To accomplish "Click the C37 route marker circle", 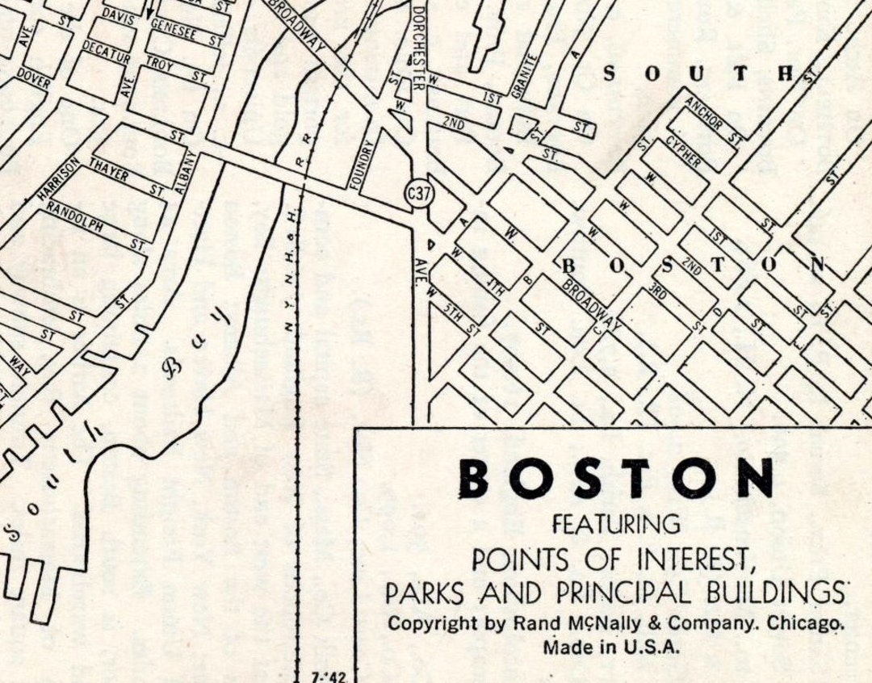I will pyautogui.click(x=417, y=193).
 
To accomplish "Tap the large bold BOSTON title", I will pyautogui.click(x=616, y=479).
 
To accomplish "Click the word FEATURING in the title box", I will pyautogui.click(x=616, y=525).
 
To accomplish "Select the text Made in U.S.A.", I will pyautogui.click(x=612, y=646).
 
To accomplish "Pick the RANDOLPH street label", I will pyautogui.click(x=74, y=217).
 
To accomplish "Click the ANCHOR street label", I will pyautogui.click(x=704, y=114).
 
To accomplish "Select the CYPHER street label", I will pyautogui.click(x=683, y=153).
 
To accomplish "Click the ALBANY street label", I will pyautogui.click(x=186, y=174).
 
